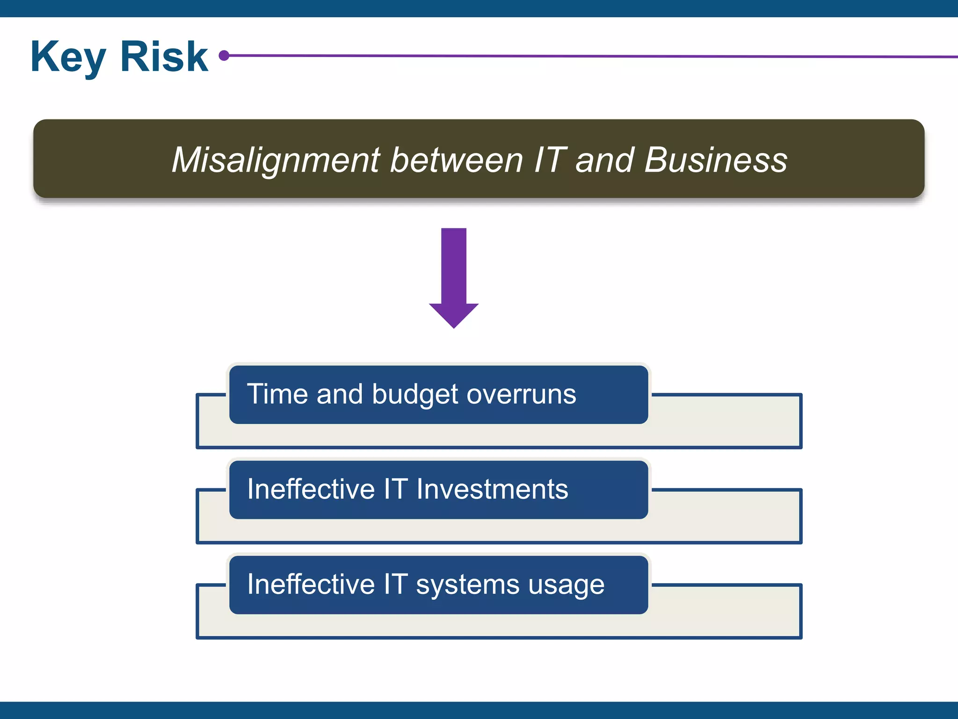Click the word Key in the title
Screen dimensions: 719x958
coord(68,57)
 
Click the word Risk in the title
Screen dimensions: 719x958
coord(164,57)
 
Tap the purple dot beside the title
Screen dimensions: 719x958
coord(224,56)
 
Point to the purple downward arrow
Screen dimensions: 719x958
coord(454,276)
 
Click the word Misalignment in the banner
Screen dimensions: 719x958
coord(276,160)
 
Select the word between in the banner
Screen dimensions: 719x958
coord(456,160)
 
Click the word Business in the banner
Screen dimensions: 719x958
coord(716,160)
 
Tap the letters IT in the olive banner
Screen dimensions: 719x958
coord(550,160)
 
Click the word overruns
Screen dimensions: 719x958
coord(521,395)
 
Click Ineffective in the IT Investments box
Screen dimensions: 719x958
coord(311,489)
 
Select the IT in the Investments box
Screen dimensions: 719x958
coord(396,489)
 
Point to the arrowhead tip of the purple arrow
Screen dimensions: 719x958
coord(454,326)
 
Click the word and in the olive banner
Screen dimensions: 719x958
coord(604,160)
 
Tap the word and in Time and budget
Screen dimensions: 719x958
coord(340,394)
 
